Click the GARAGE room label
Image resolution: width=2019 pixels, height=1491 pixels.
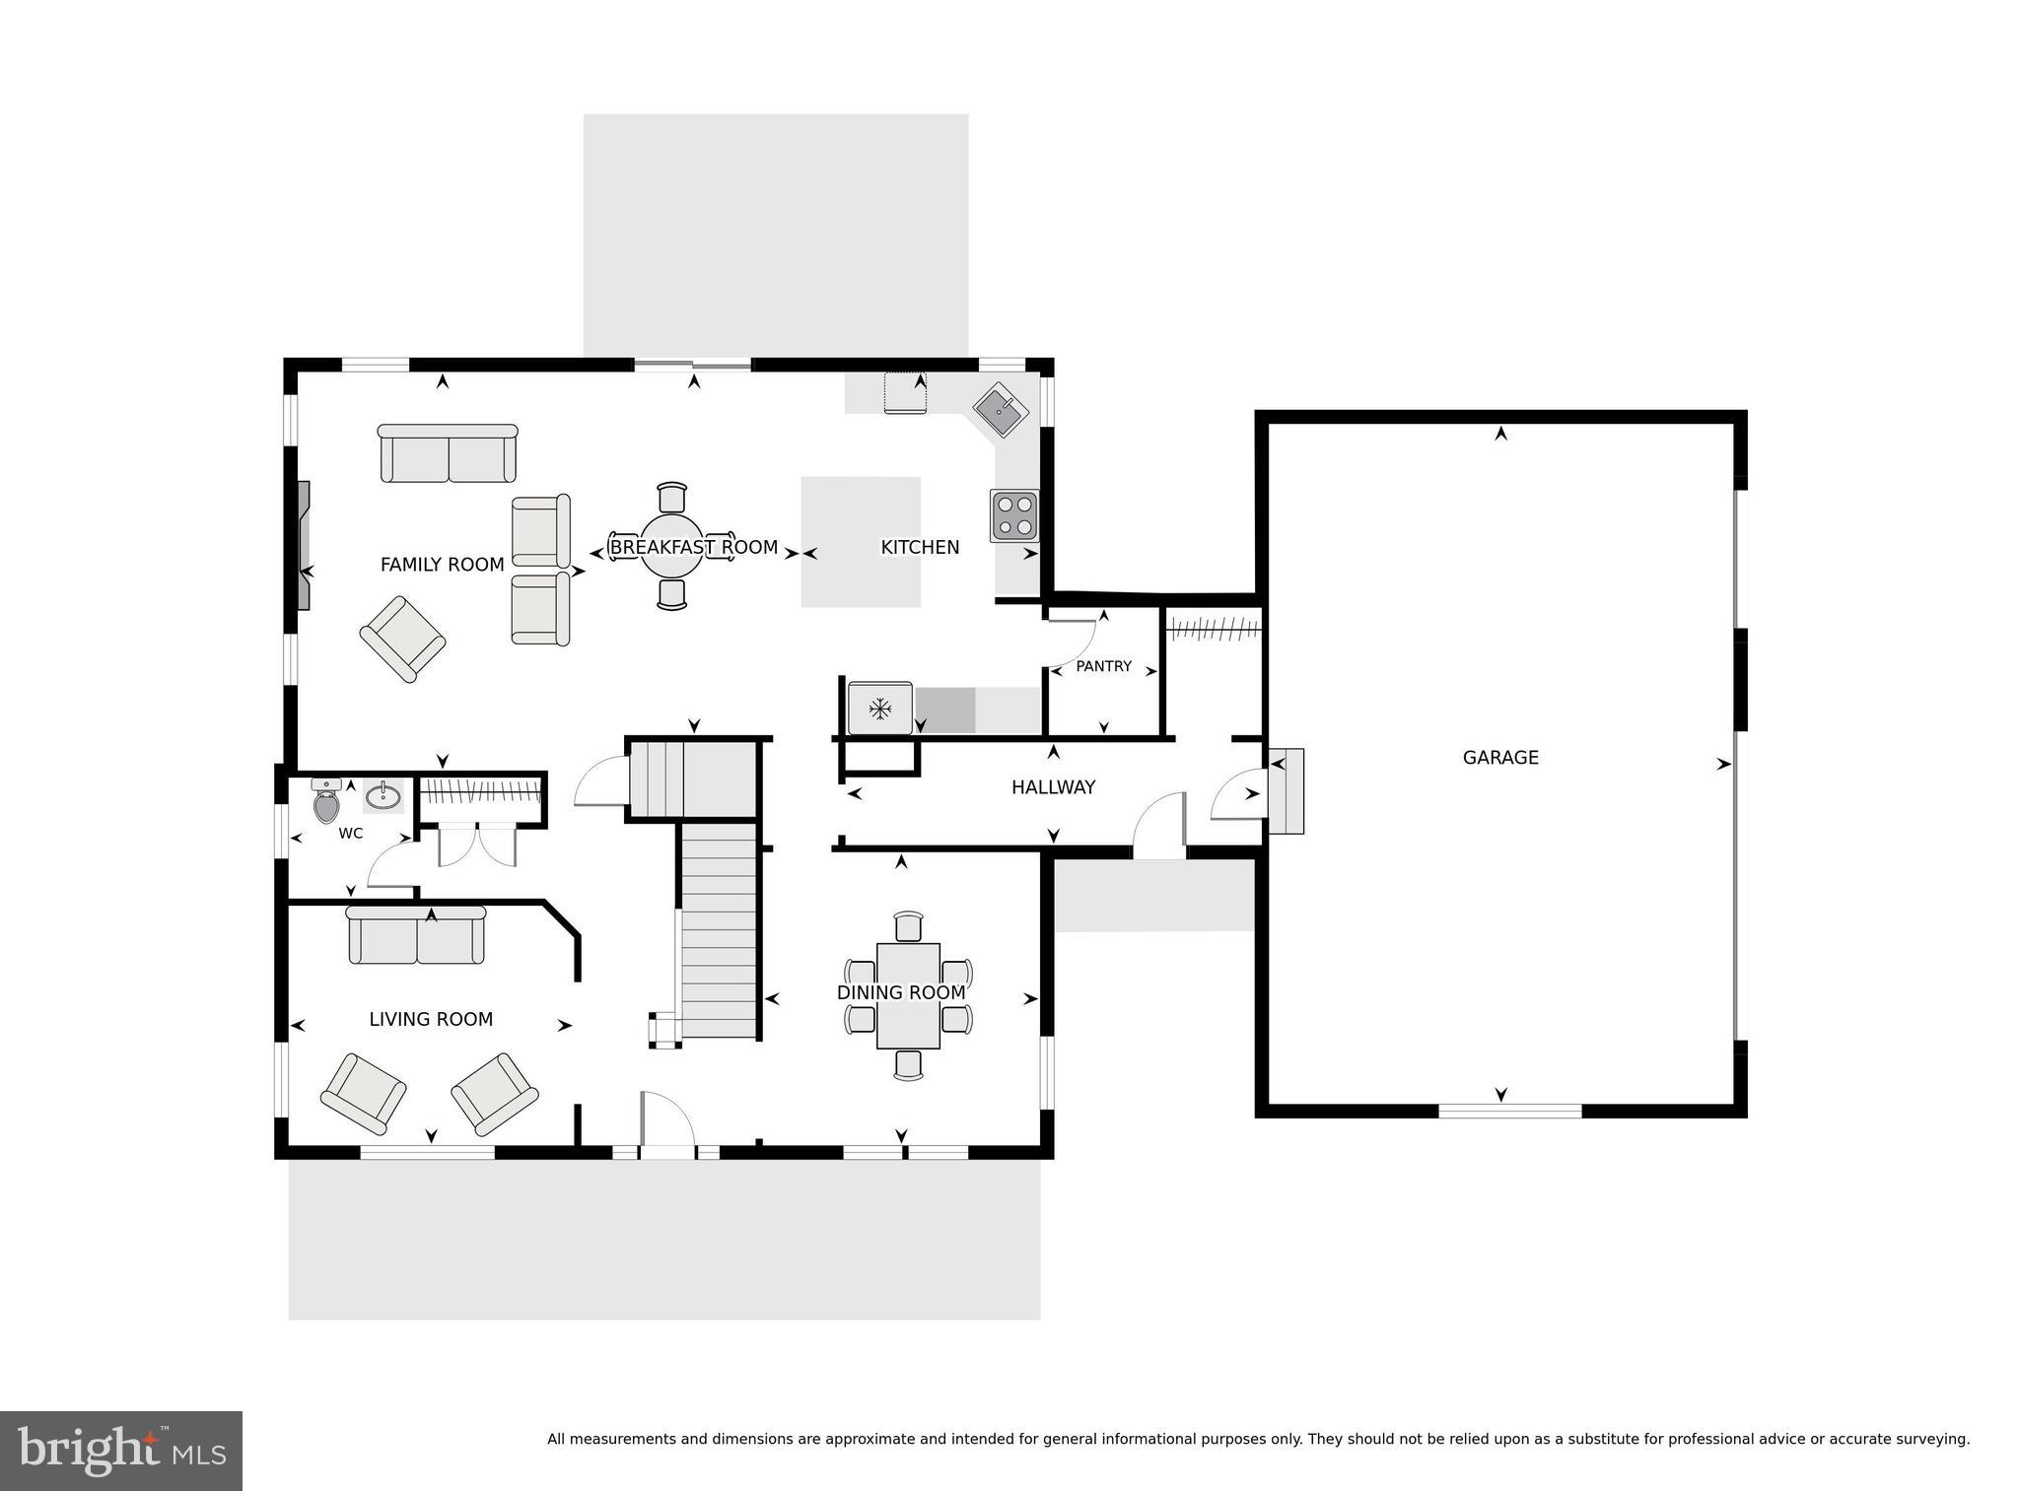tap(1499, 757)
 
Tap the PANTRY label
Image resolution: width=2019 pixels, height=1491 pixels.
tap(1103, 666)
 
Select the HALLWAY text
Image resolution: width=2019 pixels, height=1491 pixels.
tap(1053, 786)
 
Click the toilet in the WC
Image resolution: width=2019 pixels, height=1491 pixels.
tap(326, 802)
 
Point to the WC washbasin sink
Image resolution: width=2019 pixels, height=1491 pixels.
tap(383, 795)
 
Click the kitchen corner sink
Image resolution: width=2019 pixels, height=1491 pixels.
tap(1001, 409)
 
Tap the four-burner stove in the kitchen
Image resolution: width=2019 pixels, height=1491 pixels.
tap(1014, 514)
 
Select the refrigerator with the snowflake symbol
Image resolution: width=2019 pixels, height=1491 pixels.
tap(879, 708)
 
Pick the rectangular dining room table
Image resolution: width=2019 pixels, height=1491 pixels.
tap(907, 995)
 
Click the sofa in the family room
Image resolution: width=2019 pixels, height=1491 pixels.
tap(448, 454)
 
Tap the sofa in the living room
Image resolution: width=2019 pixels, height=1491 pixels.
tap(416, 935)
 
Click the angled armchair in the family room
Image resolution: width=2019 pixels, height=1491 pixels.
tap(402, 639)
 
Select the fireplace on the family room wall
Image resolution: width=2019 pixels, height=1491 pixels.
tap(304, 546)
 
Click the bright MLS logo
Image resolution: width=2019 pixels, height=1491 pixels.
tap(121, 1451)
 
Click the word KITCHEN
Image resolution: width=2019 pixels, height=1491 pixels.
tap(919, 547)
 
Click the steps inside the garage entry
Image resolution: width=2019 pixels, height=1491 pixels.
tap(1286, 791)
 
